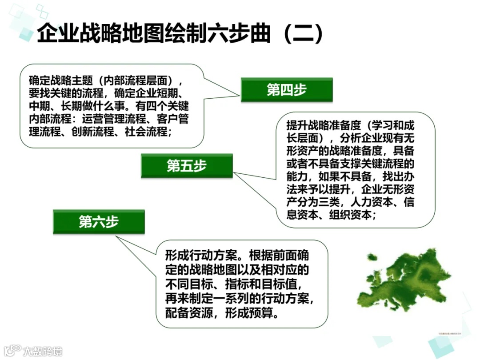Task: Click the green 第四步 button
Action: point(287,90)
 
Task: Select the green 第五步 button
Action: point(187,166)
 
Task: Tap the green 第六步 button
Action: point(99,222)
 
